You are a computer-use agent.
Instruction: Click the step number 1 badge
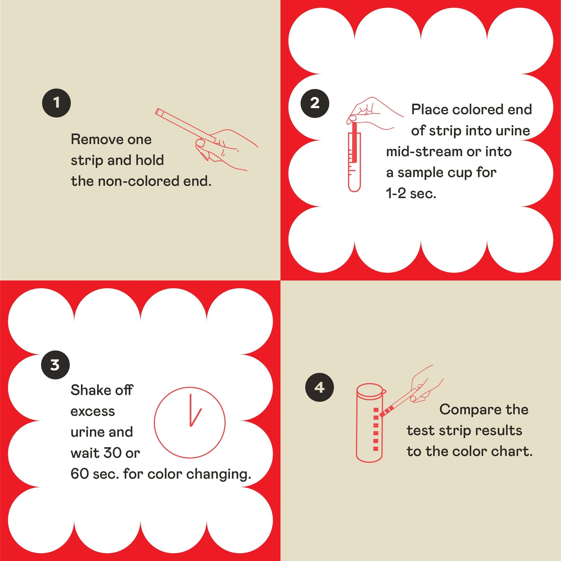pos(56,103)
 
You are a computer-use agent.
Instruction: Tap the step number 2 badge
pos(315,103)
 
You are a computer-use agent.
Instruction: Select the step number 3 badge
pos(55,365)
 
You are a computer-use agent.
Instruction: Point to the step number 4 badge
pos(319,387)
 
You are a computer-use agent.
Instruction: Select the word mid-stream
pos(424,152)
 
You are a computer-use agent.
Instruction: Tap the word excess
pos(93,411)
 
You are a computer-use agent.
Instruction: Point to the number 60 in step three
pos(80,474)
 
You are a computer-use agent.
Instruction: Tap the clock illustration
pos(190,422)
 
